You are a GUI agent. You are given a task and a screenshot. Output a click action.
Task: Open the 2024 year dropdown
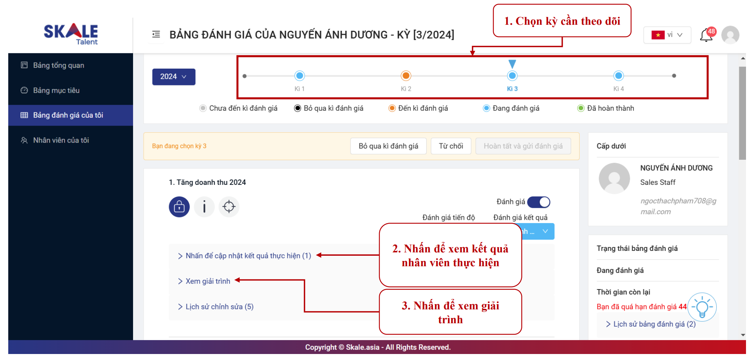coord(174,77)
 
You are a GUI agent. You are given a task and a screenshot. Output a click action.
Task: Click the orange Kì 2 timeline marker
coord(406,76)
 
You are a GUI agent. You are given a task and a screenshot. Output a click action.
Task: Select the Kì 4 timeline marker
coord(619,76)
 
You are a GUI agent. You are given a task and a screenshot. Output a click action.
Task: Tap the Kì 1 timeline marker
coord(300,76)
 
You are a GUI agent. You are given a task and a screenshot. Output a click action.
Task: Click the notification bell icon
coord(706,35)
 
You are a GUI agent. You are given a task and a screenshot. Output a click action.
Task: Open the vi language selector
coord(667,35)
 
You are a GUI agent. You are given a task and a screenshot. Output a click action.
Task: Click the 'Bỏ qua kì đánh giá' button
coord(388,146)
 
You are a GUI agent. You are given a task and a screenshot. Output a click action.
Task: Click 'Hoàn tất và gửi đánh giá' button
coord(523,146)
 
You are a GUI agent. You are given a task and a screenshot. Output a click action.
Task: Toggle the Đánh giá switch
coord(539,202)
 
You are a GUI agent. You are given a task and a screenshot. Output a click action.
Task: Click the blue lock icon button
coord(179,207)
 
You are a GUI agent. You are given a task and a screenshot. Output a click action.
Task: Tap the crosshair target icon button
coord(229,207)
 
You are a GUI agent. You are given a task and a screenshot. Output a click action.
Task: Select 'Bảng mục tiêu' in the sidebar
coord(56,90)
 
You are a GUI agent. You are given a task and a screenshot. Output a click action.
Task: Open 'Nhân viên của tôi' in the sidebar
coord(61,140)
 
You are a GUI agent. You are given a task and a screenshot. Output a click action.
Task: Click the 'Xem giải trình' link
coord(208,281)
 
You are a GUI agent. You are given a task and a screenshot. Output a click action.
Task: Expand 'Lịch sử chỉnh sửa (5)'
coord(219,307)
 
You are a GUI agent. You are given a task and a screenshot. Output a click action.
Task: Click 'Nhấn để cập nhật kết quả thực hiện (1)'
coord(248,256)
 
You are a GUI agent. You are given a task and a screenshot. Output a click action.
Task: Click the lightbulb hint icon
coord(702,307)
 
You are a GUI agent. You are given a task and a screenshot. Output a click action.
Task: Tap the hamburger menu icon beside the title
coord(156,34)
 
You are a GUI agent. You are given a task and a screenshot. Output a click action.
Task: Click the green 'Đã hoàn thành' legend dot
coord(581,108)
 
